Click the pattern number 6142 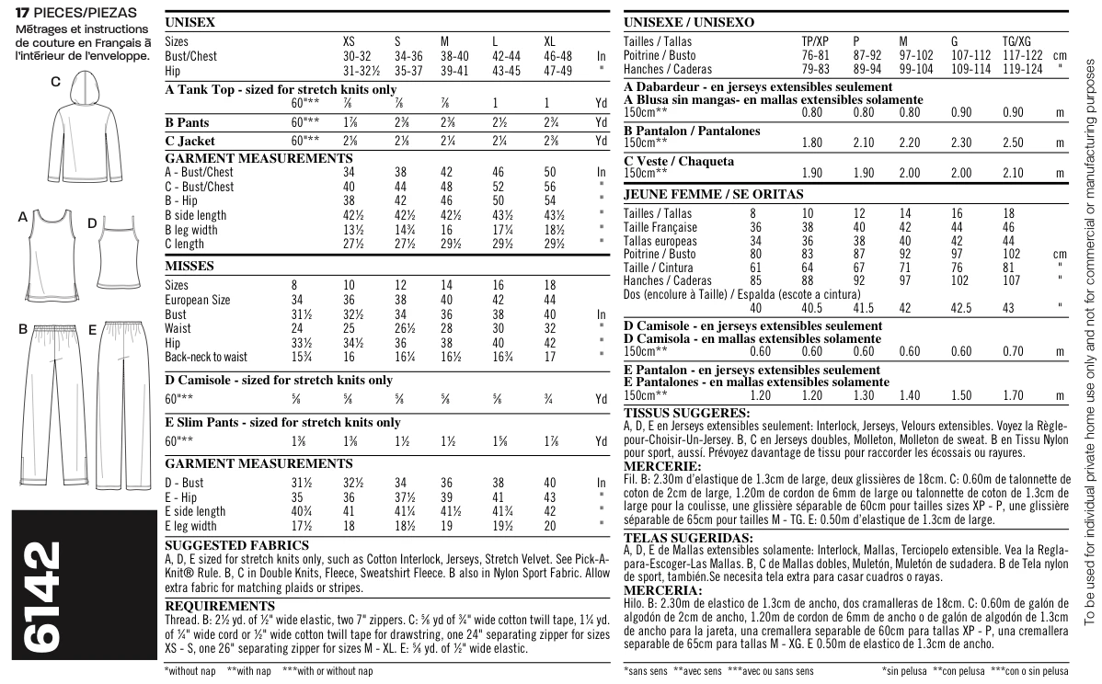pos(41,598)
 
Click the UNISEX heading pos(189,22)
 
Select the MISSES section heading pos(189,266)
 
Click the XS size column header pos(349,41)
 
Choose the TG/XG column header pos(1016,41)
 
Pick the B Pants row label pos(187,122)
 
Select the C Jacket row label pos(189,141)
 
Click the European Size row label pos(198,300)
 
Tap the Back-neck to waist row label pos(206,357)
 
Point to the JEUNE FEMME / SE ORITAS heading pos(713,194)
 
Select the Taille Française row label pos(660,227)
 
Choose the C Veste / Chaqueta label pos(679,161)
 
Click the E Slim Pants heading pos(281,422)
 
